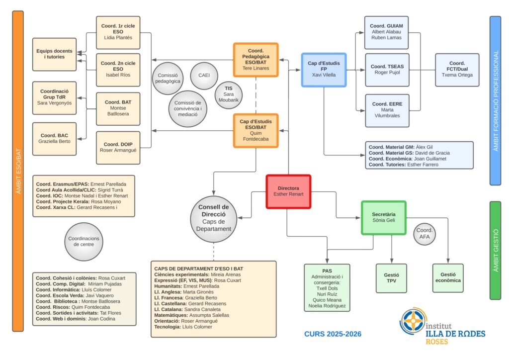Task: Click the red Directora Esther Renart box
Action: [x=288, y=191]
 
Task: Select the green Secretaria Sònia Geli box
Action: [x=383, y=217]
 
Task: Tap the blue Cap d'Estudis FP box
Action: [x=324, y=70]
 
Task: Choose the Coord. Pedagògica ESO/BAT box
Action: [x=255, y=60]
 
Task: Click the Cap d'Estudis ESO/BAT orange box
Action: [x=255, y=130]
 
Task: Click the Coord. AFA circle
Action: [x=424, y=234]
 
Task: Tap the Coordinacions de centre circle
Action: [x=84, y=241]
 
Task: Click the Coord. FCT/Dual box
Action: [x=457, y=70]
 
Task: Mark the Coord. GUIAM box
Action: [x=387, y=32]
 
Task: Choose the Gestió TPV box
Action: [x=391, y=278]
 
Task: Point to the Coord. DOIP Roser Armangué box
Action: [x=118, y=148]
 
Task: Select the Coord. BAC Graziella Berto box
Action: [x=54, y=138]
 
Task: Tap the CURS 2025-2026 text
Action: [x=333, y=334]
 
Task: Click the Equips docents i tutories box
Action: [x=54, y=54]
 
